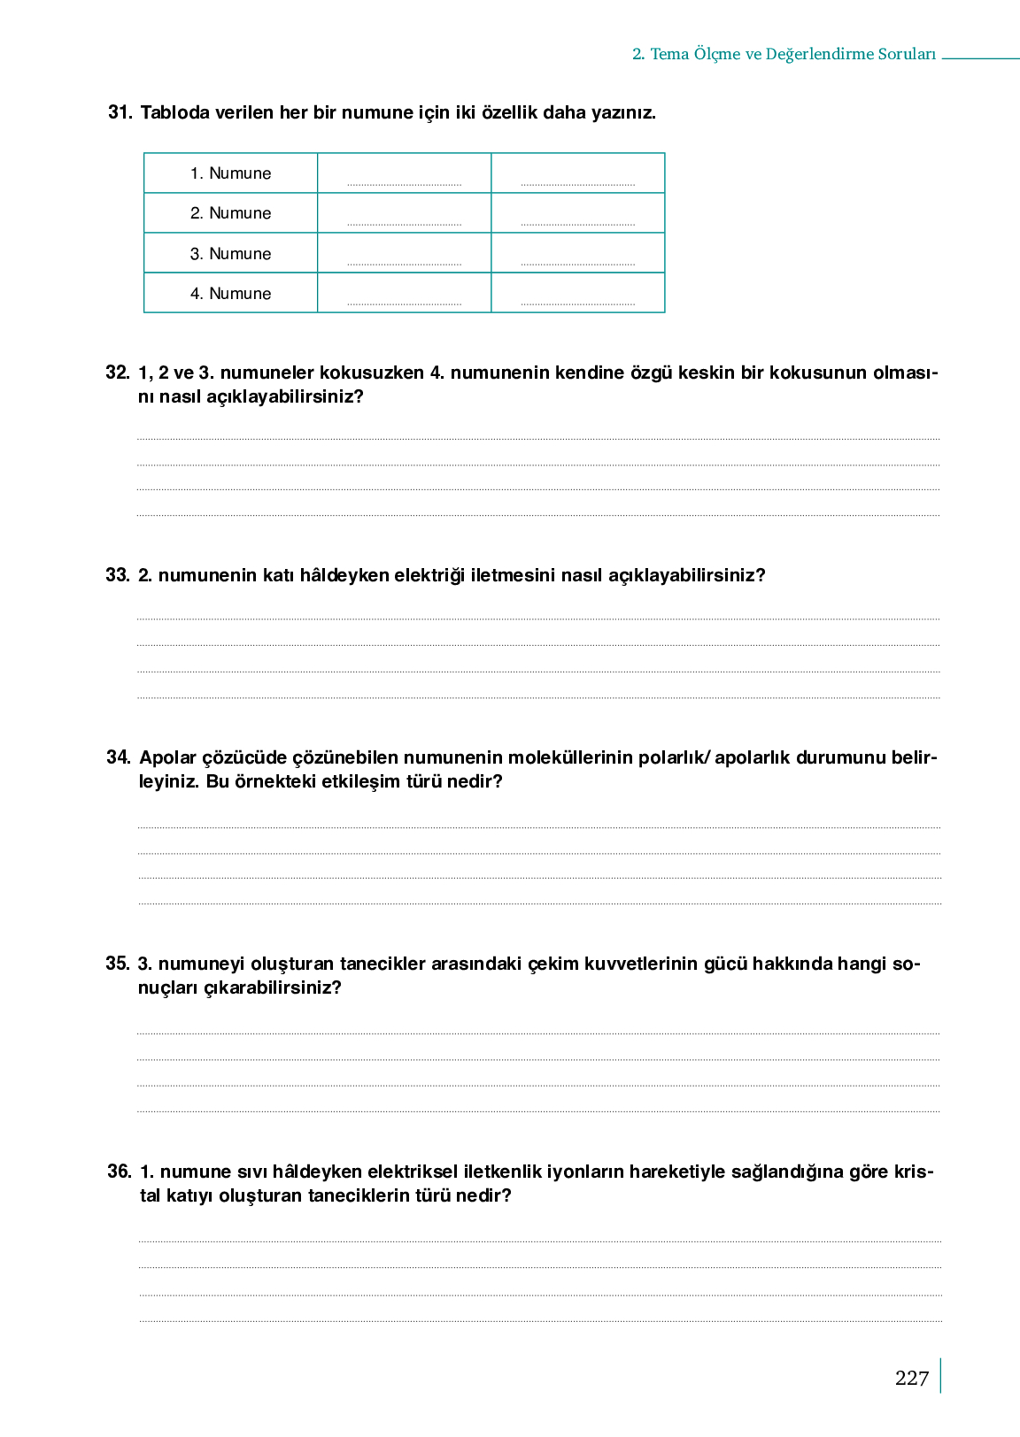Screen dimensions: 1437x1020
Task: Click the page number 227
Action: coord(911,1378)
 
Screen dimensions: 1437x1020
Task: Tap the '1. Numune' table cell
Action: coord(230,173)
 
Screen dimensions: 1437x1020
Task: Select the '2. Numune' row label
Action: coord(230,213)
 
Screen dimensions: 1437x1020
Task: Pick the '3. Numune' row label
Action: coord(230,254)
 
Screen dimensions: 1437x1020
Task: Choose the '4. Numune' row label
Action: coord(230,294)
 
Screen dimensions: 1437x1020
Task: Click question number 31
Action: coord(120,112)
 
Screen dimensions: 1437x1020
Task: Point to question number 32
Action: coord(118,373)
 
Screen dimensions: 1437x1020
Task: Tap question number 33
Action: coord(118,575)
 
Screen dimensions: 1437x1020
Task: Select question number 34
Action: coord(119,757)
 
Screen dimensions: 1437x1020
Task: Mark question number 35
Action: coord(118,964)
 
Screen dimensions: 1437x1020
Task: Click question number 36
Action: coord(120,1172)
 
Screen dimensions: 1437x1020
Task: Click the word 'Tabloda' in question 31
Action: coord(174,112)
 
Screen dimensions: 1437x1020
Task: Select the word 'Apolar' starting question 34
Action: coord(168,757)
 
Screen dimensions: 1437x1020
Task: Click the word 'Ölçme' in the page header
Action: coord(716,54)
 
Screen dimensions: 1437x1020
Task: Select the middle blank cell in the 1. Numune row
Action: coord(404,173)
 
